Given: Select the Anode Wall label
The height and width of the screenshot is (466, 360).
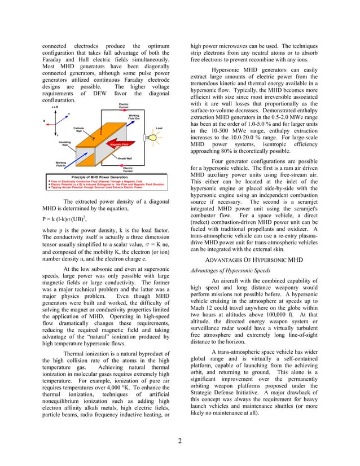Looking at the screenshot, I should pyautogui.click(x=125, y=159).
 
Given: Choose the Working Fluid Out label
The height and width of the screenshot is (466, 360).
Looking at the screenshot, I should pyautogui.click(x=134, y=117).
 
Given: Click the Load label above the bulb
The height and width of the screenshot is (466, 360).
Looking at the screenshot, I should pyautogui.click(x=159, y=128).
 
